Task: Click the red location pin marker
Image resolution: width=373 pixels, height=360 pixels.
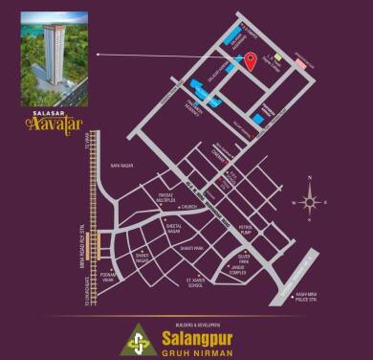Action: click(x=251, y=62)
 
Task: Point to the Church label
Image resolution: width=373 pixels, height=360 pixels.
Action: click(x=188, y=207)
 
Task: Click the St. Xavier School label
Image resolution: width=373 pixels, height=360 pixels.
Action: click(x=196, y=283)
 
